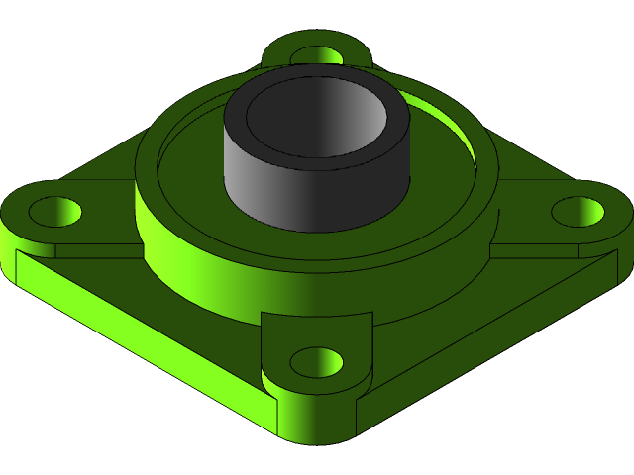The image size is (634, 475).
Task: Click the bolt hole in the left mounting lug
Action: pyautogui.click(x=53, y=211)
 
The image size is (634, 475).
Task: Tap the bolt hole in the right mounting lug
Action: pyautogui.click(x=577, y=211)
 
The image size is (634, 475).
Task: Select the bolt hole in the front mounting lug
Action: pyautogui.click(x=316, y=362)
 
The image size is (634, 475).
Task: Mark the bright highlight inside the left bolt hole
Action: pyautogui.click(x=67, y=211)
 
